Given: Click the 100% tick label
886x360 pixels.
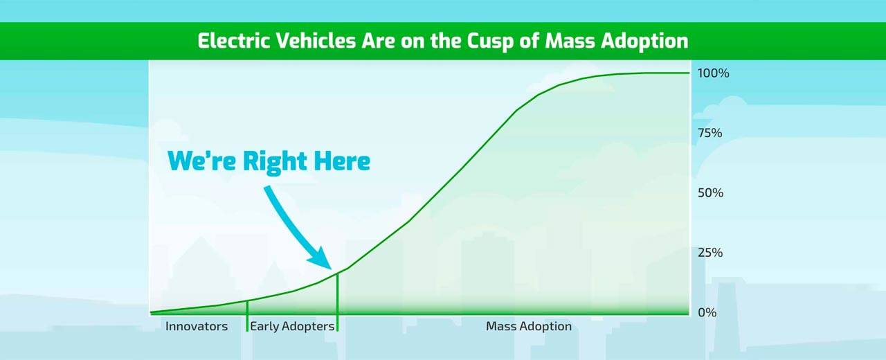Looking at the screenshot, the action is click(713, 73).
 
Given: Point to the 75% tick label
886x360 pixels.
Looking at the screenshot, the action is click(710, 133).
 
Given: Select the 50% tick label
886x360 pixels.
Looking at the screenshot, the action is click(710, 192).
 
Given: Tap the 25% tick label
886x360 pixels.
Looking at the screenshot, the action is click(710, 253).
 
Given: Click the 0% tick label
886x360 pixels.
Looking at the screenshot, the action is click(707, 312).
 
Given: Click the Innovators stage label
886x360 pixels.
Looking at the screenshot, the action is click(197, 326).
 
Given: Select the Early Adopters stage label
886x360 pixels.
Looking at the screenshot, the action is click(292, 327).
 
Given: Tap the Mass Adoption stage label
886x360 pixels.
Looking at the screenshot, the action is click(529, 327).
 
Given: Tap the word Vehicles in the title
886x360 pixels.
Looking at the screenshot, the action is click(316, 41).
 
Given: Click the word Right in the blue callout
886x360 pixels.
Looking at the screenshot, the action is click(275, 162).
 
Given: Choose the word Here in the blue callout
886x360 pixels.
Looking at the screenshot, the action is click(342, 161).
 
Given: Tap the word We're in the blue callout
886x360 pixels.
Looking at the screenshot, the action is click(201, 161).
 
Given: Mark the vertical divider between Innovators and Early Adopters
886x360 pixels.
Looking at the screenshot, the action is click(247, 316).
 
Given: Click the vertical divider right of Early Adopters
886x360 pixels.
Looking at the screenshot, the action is click(337, 303).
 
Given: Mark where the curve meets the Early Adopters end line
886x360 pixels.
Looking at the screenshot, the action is click(337, 273).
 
